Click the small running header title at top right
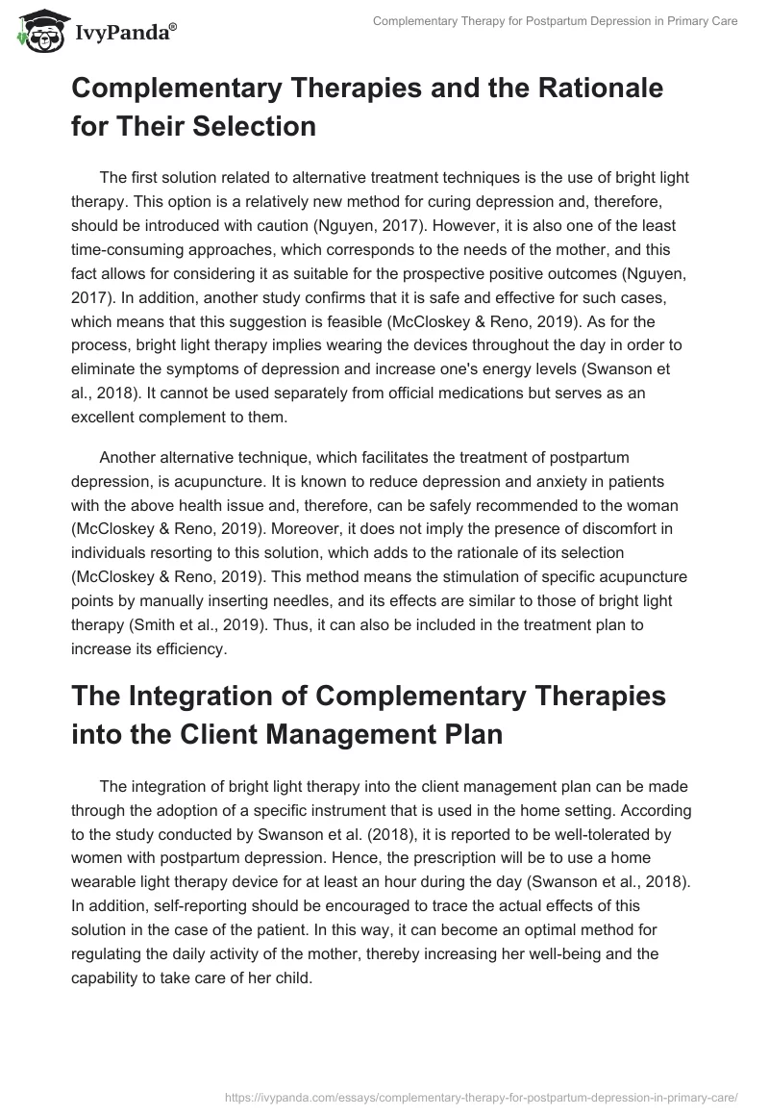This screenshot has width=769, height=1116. (555, 21)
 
